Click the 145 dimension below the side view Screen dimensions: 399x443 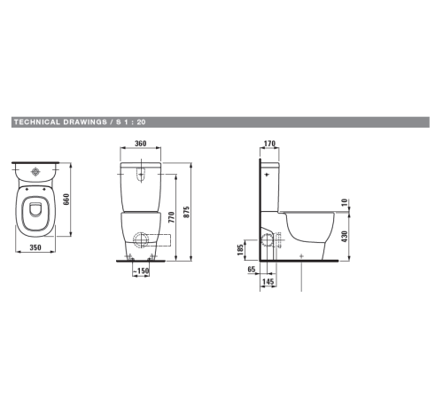268,281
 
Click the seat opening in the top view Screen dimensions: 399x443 36,213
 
